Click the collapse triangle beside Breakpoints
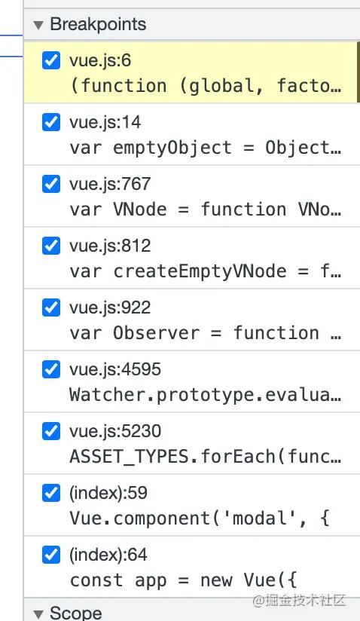pos(38,26)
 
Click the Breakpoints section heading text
pos(98,24)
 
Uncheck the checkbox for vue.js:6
pos(51,60)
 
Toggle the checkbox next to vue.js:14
pos(51,122)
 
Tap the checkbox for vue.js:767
pos(51,184)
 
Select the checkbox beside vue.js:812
pos(51,246)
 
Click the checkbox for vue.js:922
pos(51,307)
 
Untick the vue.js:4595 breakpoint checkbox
pos(51,369)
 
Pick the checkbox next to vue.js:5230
pos(51,431)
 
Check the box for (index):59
pos(51,493)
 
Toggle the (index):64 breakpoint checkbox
pos(51,555)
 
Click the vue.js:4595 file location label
pos(115,369)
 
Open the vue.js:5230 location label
pos(115,431)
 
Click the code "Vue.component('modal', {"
pos(200,519)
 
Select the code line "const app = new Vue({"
pos(183,580)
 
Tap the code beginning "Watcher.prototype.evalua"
pos(206,395)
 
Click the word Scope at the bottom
pos(76,613)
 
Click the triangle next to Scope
pos(38,614)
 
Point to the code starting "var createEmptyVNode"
pos(206,271)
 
